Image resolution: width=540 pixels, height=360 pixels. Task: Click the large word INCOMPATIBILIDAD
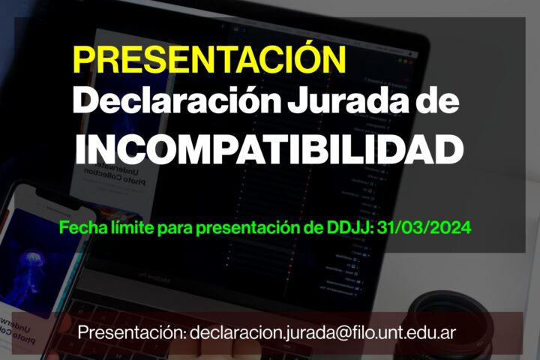(x=269, y=149)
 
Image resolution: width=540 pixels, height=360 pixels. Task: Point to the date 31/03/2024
(x=424, y=227)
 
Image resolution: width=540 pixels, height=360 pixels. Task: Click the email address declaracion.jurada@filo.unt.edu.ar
(x=322, y=333)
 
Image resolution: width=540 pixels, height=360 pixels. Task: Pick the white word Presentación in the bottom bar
(x=132, y=333)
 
